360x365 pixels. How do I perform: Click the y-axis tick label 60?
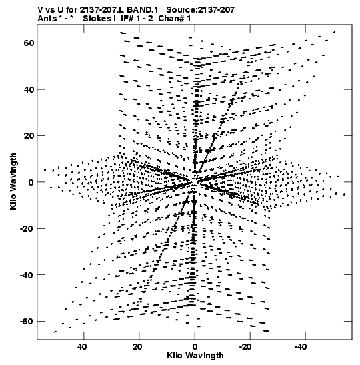click(x=29, y=43)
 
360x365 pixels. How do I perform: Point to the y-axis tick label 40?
click(x=29, y=89)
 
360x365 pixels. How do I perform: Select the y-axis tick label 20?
click(x=29, y=136)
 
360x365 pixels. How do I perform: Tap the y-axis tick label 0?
click(x=31, y=182)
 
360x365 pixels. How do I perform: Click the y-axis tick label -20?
click(x=27, y=229)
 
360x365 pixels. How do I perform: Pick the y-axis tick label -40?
click(x=27, y=275)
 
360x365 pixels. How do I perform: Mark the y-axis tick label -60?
click(x=27, y=322)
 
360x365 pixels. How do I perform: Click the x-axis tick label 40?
click(x=82, y=347)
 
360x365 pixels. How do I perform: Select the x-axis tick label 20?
click(x=137, y=347)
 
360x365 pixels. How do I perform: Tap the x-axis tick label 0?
click(x=195, y=347)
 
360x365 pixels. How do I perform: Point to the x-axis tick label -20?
click(x=245, y=347)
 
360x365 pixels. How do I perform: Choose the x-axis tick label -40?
click(x=301, y=347)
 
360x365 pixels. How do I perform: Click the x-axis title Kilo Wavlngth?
click(x=195, y=356)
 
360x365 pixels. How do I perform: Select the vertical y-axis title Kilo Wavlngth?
click(x=13, y=181)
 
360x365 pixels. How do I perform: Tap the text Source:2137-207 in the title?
click(x=201, y=10)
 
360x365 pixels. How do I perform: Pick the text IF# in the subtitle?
click(x=127, y=19)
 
